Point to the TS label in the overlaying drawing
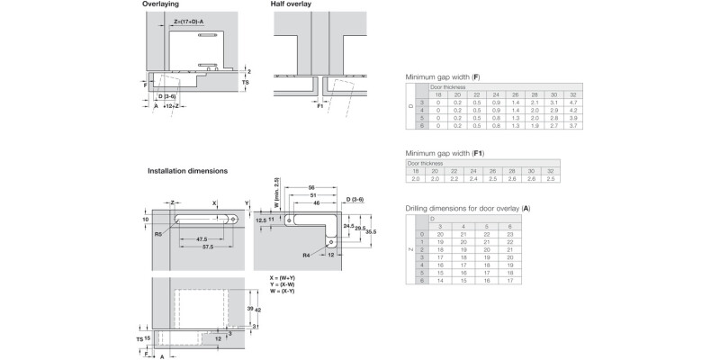tap(245, 81)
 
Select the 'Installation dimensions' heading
tap(188, 170)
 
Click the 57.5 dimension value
tap(208, 246)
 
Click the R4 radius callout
tap(309, 256)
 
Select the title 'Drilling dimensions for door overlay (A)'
tap(467, 209)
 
